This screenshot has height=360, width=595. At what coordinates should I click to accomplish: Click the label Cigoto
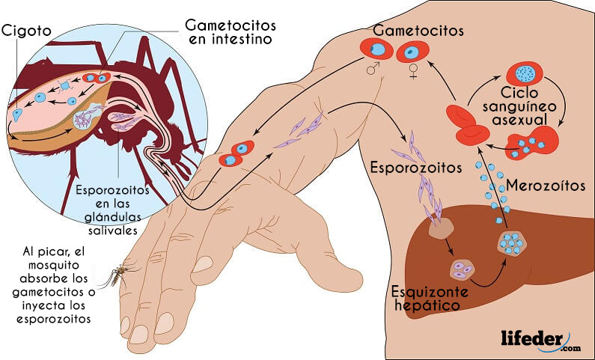[x=26, y=31]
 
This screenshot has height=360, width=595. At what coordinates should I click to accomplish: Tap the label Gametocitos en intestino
[x=231, y=32]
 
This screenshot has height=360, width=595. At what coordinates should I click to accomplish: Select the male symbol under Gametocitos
[x=373, y=69]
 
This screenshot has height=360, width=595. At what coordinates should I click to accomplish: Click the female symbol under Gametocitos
[x=413, y=71]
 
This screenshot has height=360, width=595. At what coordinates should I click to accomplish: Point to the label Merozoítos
[x=546, y=186]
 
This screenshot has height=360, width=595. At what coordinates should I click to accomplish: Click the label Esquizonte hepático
[x=430, y=299]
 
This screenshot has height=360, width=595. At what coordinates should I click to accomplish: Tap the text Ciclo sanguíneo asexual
[x=519, y=106]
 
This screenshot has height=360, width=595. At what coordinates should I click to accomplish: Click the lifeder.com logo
[x=540, y=340]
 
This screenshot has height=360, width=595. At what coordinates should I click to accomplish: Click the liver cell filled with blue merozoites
[x=512, y=242]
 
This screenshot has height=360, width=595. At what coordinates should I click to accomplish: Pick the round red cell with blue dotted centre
[x=525, y=73]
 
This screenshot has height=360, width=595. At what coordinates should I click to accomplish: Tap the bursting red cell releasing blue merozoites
[x=533, y=144]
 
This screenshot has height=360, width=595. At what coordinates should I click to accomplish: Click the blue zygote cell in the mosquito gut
[x=16, y=115]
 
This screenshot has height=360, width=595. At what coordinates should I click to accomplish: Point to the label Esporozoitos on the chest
[x=416, y=168]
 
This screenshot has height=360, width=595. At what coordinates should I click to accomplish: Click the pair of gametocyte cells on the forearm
[x=237, y=153]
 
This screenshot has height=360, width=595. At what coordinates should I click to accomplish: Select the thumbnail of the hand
[x=203, y=264]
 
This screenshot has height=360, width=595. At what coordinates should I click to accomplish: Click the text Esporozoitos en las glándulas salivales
[x=113, y=210]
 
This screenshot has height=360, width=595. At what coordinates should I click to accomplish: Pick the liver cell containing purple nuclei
[x=463, y=270]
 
